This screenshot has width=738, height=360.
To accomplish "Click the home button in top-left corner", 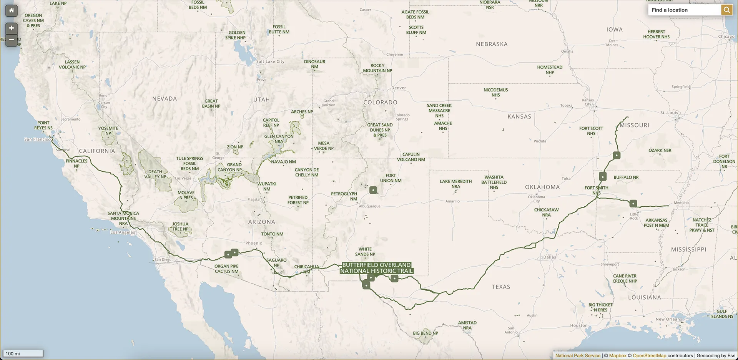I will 12,10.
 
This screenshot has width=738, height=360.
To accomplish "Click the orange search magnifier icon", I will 726,10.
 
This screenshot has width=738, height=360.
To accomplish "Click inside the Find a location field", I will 684,10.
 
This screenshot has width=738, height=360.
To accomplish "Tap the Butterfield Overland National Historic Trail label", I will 377,268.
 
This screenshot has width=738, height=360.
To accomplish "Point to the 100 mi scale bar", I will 23,353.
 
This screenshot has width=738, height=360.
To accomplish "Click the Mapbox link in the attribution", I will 618,356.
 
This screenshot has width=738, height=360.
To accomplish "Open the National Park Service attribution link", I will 578,356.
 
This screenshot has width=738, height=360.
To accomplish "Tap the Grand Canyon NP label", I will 229,167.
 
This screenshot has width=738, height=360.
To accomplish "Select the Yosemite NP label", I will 108,131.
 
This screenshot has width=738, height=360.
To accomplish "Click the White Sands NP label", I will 365,252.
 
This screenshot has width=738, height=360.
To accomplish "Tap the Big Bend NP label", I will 426,333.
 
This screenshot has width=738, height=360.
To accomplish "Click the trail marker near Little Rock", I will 633,203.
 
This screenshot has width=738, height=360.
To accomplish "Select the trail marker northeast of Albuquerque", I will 373,190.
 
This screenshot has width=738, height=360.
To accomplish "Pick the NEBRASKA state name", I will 492,44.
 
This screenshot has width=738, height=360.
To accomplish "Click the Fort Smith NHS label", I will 597,190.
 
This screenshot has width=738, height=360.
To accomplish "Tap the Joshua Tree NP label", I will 180,226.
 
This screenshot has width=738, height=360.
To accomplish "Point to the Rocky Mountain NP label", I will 377,68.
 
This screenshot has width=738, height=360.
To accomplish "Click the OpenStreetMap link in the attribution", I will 649,356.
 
